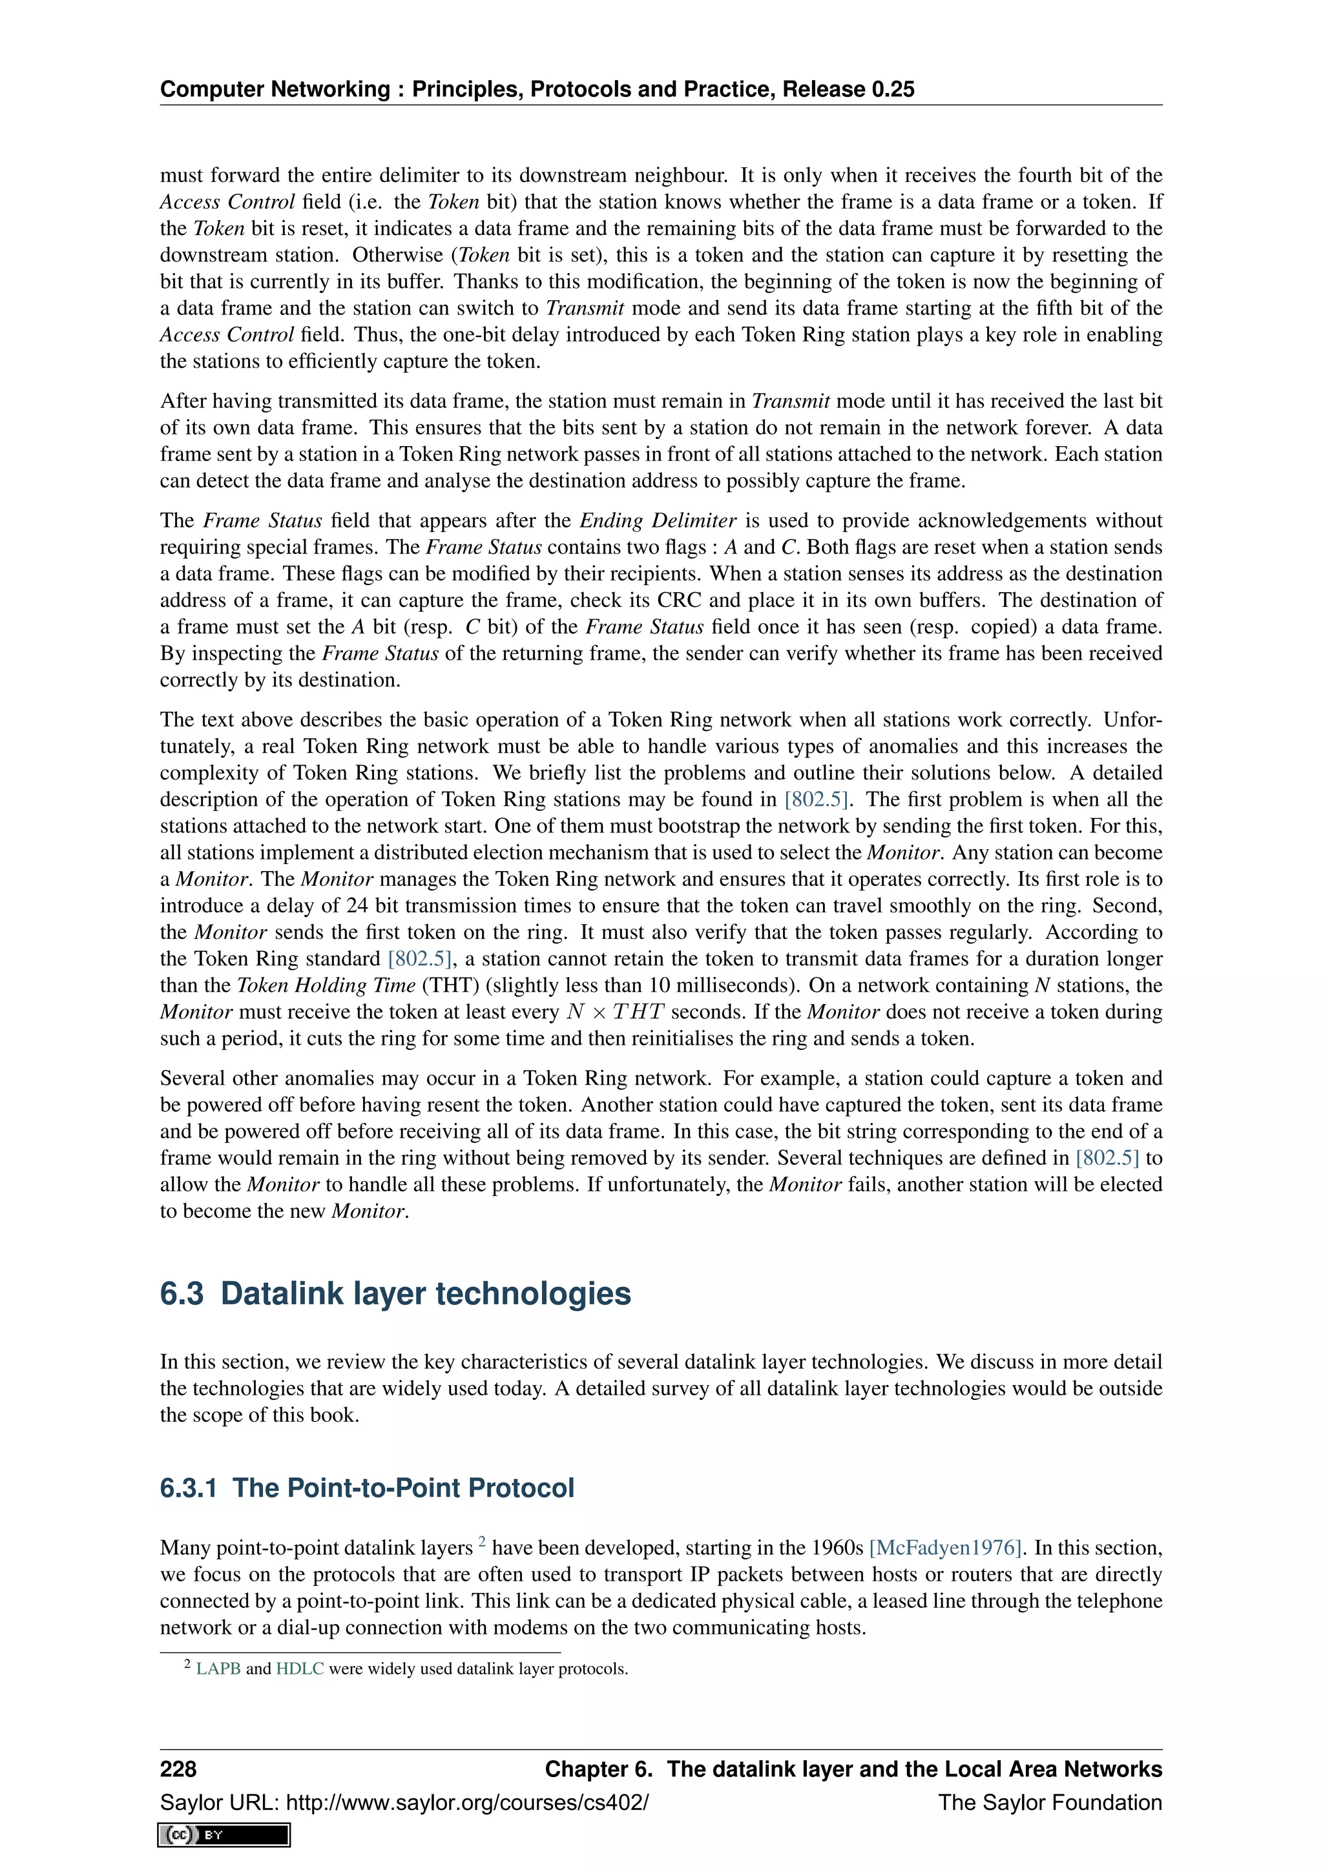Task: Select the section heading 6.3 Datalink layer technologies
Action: (x=395, y=1293)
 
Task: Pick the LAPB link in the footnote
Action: (x=218, y=1668)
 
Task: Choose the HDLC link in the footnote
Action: (x=300, y=1668)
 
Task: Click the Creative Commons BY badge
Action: (x=224, y=1834)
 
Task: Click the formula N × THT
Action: (x=615, y=1012)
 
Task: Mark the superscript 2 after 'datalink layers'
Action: (x=481, y=1541)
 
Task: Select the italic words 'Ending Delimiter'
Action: (x=658, y=520)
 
